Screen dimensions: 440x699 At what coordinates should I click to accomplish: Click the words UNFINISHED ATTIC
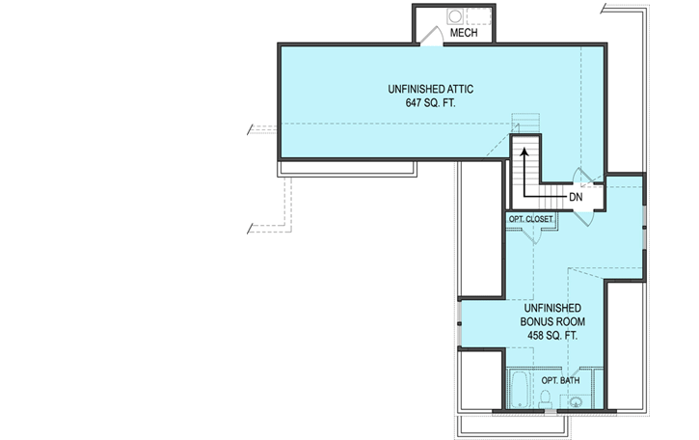pyautogui.click(x=430, y=88)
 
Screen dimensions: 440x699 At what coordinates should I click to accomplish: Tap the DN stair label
pyautogui.click(x=576, y=197)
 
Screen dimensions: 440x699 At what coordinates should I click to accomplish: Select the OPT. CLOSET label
pyautogui.click(x=531, y=219)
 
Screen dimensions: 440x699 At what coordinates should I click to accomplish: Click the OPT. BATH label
pyautogui.click(x=560, y=380)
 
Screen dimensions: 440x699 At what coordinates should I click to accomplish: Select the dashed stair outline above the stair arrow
pyautogui.click(x=522, y=124)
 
